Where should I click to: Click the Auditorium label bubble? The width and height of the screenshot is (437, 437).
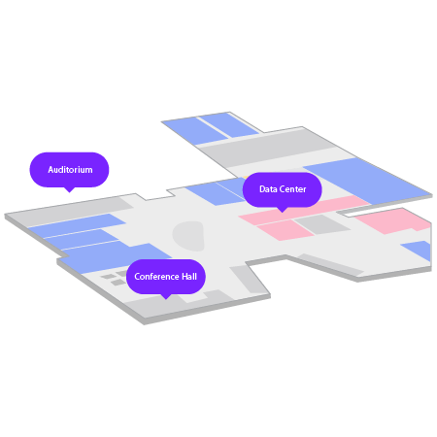tap(69, 170)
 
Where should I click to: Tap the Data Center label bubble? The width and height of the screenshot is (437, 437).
tap(283, 189)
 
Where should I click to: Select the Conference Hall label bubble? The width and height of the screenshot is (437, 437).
tap(166, 277)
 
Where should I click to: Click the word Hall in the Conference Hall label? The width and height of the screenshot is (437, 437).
tap(189, 277)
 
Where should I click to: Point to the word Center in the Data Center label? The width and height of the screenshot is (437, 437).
tap(292, 189)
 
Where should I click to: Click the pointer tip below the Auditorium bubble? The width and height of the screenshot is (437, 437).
tap(69, 192)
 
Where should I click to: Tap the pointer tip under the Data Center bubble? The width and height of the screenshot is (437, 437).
tap(283, 213)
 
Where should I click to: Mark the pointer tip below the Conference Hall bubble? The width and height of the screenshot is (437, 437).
tap(166, 299)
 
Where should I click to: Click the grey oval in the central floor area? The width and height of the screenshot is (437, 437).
tap(188, 236)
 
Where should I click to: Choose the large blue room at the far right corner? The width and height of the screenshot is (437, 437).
tap(367, 181)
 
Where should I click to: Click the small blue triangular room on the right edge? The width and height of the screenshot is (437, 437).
tap(419, 250)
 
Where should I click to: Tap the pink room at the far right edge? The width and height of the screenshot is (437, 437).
tap(394, 220)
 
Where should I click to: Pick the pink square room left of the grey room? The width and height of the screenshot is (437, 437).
tap(286, 229)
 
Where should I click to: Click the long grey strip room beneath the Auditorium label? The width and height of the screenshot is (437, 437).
tap(69, 211)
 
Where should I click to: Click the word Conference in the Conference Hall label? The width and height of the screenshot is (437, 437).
tap(156, 277)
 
